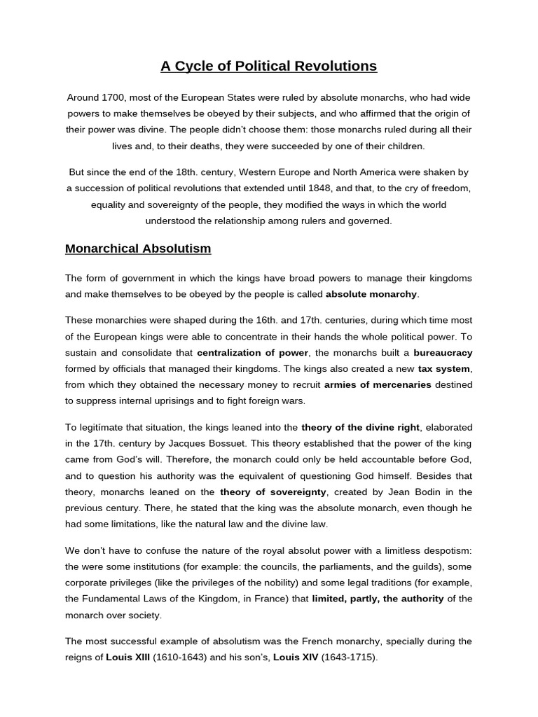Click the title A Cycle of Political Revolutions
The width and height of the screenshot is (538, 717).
(x=268, y=66)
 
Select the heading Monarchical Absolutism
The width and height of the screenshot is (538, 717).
(x=138, y=249)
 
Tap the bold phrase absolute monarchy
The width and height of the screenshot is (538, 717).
(x=371, y=294)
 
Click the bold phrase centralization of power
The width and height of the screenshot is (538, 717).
(x=253, y=353)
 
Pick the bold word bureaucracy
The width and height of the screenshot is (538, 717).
(x=443, y=353)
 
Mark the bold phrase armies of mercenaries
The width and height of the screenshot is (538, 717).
(x=378, y=385)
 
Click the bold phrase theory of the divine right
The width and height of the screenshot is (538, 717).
(x=360, y=427)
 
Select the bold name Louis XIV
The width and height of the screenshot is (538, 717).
(x=296, y=657)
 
